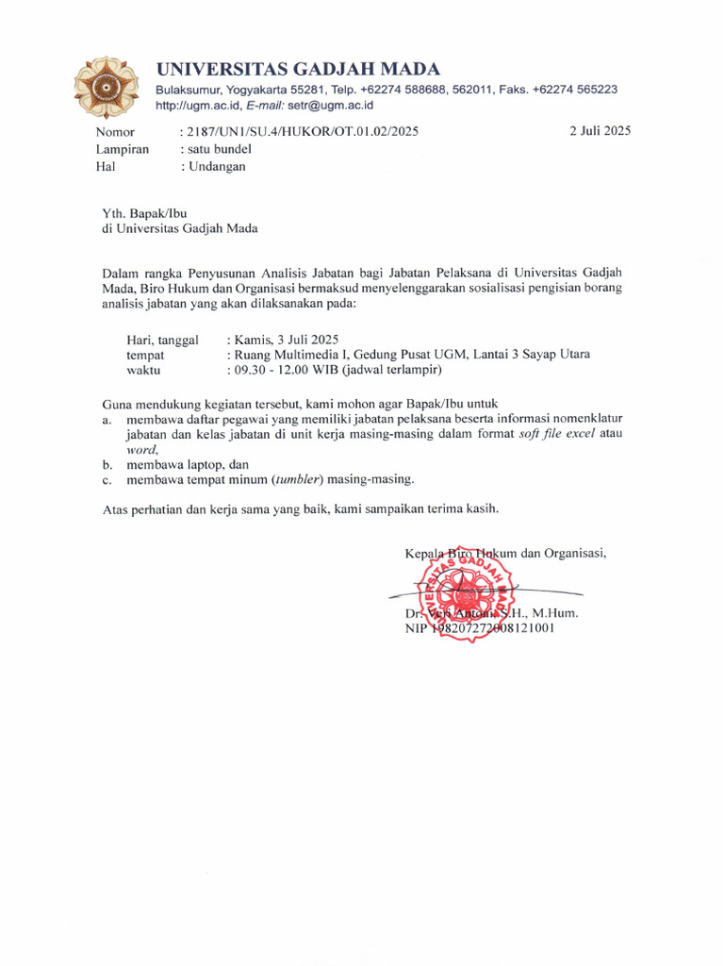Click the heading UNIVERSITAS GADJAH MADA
(297, 69)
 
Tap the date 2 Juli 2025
(600, 131)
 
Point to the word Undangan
(216, 166)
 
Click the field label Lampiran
(122, 149)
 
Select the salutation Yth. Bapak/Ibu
(151, 212)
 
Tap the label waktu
(145, 371)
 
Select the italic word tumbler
(298, 479)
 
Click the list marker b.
(107, 464)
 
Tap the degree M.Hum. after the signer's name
(553, 612)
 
